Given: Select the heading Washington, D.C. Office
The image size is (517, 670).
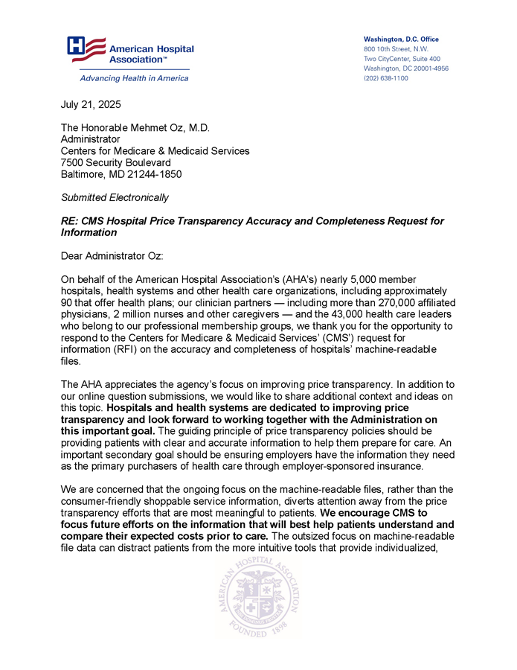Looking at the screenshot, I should coord(401,39).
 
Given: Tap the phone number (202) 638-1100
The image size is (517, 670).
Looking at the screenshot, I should coord(385,78).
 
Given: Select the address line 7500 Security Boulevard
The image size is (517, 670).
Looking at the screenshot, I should coord(115,162).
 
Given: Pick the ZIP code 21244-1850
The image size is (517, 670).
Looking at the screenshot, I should coord(152,174).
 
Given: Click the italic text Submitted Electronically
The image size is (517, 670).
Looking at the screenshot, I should coord(115,197).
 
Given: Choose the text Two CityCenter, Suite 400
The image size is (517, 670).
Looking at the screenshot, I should coord(402,59).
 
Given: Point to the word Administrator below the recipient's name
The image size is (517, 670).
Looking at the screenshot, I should coord(90,138).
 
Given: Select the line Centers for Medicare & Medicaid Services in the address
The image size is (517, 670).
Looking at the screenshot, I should coord(155,150).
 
